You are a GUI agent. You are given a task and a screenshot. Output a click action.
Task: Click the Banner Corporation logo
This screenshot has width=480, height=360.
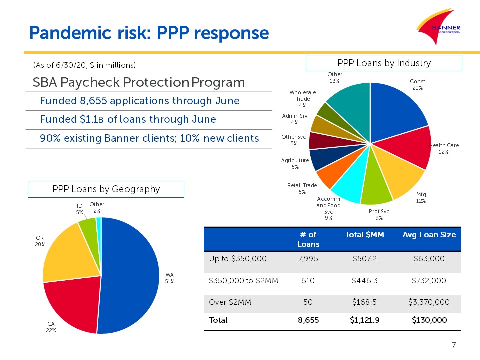(x=439, y=27)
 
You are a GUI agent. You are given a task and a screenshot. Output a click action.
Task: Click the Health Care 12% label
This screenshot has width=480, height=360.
(x=444, y=149)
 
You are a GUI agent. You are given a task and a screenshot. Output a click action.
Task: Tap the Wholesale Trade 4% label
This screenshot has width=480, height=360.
(x=303, y=99)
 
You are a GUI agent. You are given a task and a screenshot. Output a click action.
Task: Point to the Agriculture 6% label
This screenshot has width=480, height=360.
(x=295, y=164)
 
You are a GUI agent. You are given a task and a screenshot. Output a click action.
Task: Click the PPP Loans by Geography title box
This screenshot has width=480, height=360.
(x=106, y=189)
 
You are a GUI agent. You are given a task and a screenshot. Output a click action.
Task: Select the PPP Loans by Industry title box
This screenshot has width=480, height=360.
(x=384, y=63)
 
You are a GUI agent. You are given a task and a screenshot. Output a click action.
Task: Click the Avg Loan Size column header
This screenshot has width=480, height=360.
(x=429, y=235)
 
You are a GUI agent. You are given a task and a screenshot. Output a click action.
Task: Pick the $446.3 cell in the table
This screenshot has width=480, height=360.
(x=365, y=280)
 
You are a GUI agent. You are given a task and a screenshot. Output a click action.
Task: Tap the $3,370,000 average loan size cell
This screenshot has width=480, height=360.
(x=429, y=302)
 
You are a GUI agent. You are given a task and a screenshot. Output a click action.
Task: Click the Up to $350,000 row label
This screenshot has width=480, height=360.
(x=238, y=259)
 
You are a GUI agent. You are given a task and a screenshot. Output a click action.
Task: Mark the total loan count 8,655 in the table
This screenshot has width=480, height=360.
(x=308, y=320)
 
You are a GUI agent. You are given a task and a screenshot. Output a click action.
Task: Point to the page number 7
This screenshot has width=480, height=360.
(x=454, y=345)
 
